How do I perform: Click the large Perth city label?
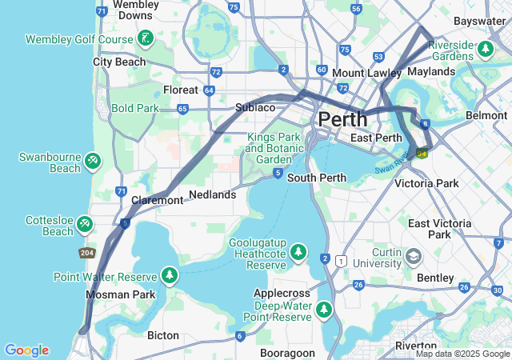coord(342,119)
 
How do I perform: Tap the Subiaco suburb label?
coord(255,107)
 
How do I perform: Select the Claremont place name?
coord(157,200)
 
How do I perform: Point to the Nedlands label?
coord(212,194)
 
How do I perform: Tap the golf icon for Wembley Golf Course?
coord(145,38)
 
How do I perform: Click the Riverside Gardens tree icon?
coord(485,50)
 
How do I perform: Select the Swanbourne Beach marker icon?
coord(93,162)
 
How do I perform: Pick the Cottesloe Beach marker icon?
coord(85,226)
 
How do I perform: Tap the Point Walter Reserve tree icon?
coord(169,276)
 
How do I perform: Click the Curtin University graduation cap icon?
coord(414,257)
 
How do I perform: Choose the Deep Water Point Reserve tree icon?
coord(324,309)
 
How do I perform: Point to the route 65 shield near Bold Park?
coord(182,109)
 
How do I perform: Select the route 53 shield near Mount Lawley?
coord(378,57)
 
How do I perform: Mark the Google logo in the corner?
coord(26,350)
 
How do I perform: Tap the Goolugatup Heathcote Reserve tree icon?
coord(298,253)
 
